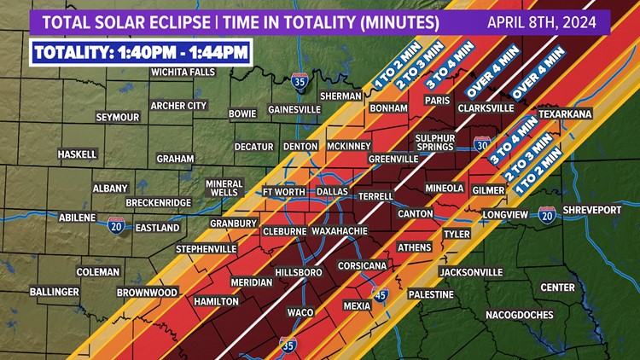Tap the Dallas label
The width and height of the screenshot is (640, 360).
tap(332, 192)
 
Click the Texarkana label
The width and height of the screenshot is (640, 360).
tap(565, 113)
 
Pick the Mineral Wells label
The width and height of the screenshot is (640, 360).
tap(224, 188)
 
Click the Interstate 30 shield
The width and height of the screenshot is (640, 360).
tap(482, 145)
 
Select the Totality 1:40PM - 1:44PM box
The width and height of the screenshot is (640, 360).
tap(141, 53)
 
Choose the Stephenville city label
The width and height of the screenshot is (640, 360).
tap(206, 249)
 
